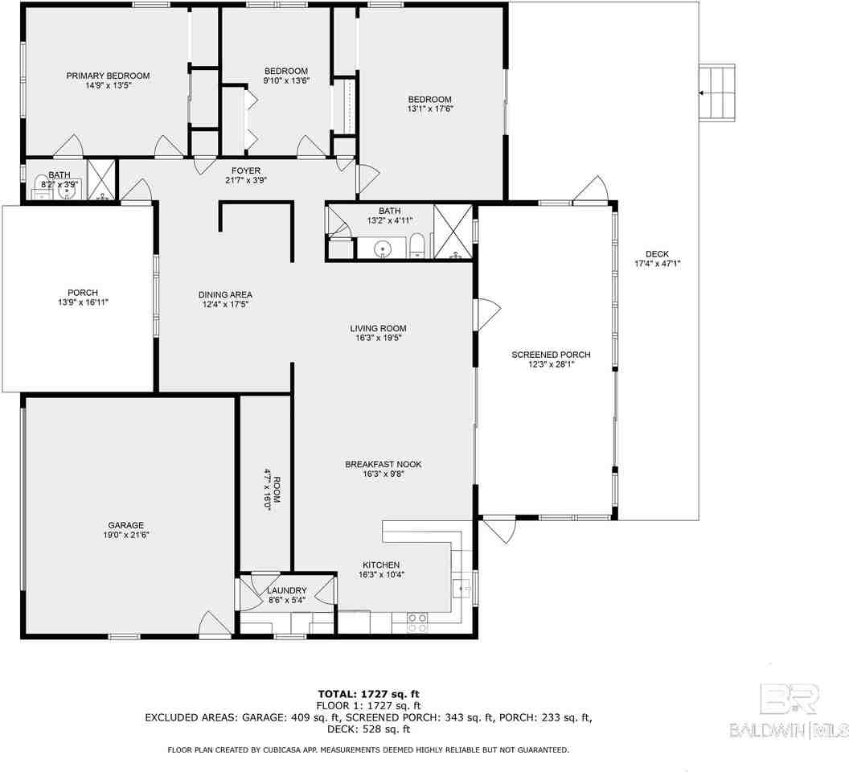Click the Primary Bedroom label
click(108, 76)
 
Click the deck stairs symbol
click(718, 92)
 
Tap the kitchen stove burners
click(418, 622)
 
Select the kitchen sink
click(462, 588)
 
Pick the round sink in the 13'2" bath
click(383, 248)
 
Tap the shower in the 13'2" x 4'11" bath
click(454, 233)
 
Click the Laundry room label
click(286, 591)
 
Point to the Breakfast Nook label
click(383, 464)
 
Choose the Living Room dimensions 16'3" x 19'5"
click(377, 339)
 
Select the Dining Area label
click(225, 294)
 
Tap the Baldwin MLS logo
click(789, 711)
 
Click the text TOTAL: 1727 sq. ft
click(368, 693)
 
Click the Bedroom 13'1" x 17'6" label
click(430, 99)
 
